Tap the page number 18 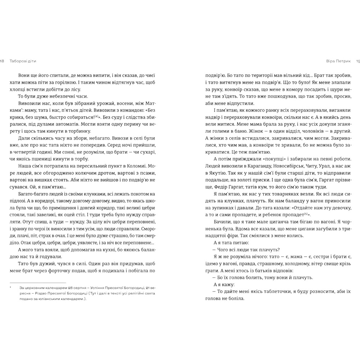[x=2, y=60]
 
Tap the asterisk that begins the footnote [x=11, y=287]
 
